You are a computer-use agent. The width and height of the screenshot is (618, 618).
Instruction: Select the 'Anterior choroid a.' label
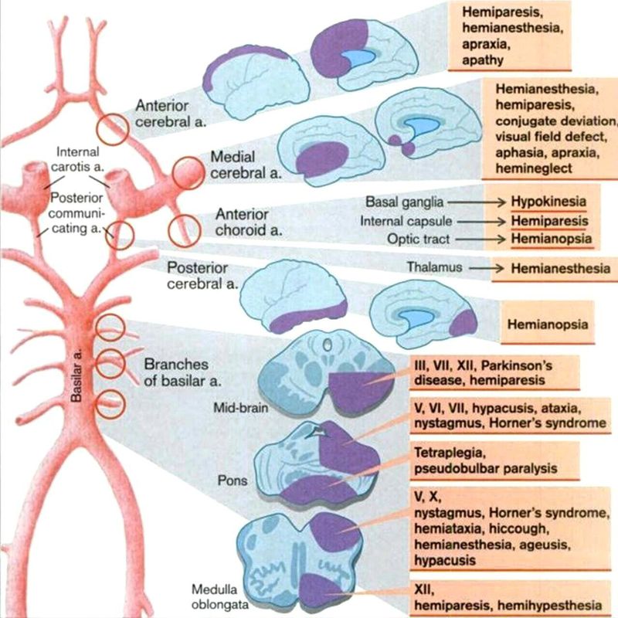pyautogui.click(x=242, y=221)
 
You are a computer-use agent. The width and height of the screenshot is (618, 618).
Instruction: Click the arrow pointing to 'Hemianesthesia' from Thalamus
pyautogui.click(x=478, y=268)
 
